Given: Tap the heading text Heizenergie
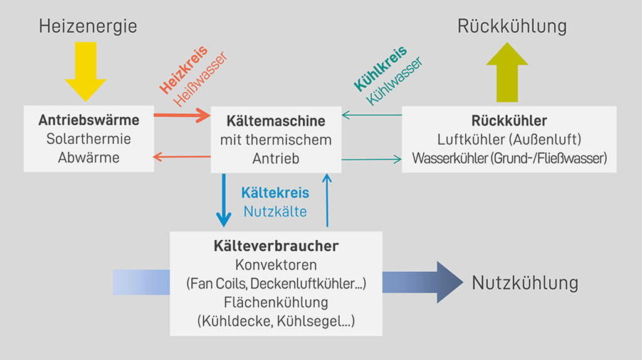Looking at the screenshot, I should [88, 26].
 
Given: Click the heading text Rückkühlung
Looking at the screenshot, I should [512, 26].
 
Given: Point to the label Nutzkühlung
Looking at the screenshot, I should [525, 283].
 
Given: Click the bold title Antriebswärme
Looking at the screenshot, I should [88, 120].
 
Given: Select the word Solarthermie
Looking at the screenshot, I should [88, 139].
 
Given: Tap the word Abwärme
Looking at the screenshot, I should [88, 158].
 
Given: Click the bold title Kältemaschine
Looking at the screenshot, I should [276, 120].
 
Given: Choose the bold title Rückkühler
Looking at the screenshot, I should [509, 120].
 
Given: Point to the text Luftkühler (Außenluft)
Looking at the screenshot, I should [509, 139].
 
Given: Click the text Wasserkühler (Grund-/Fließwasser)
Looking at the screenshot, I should [509, 158].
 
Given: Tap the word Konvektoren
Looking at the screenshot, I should [276, 264].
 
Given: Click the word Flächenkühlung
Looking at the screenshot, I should [276, 302].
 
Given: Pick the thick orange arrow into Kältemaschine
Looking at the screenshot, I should [182, 115].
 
